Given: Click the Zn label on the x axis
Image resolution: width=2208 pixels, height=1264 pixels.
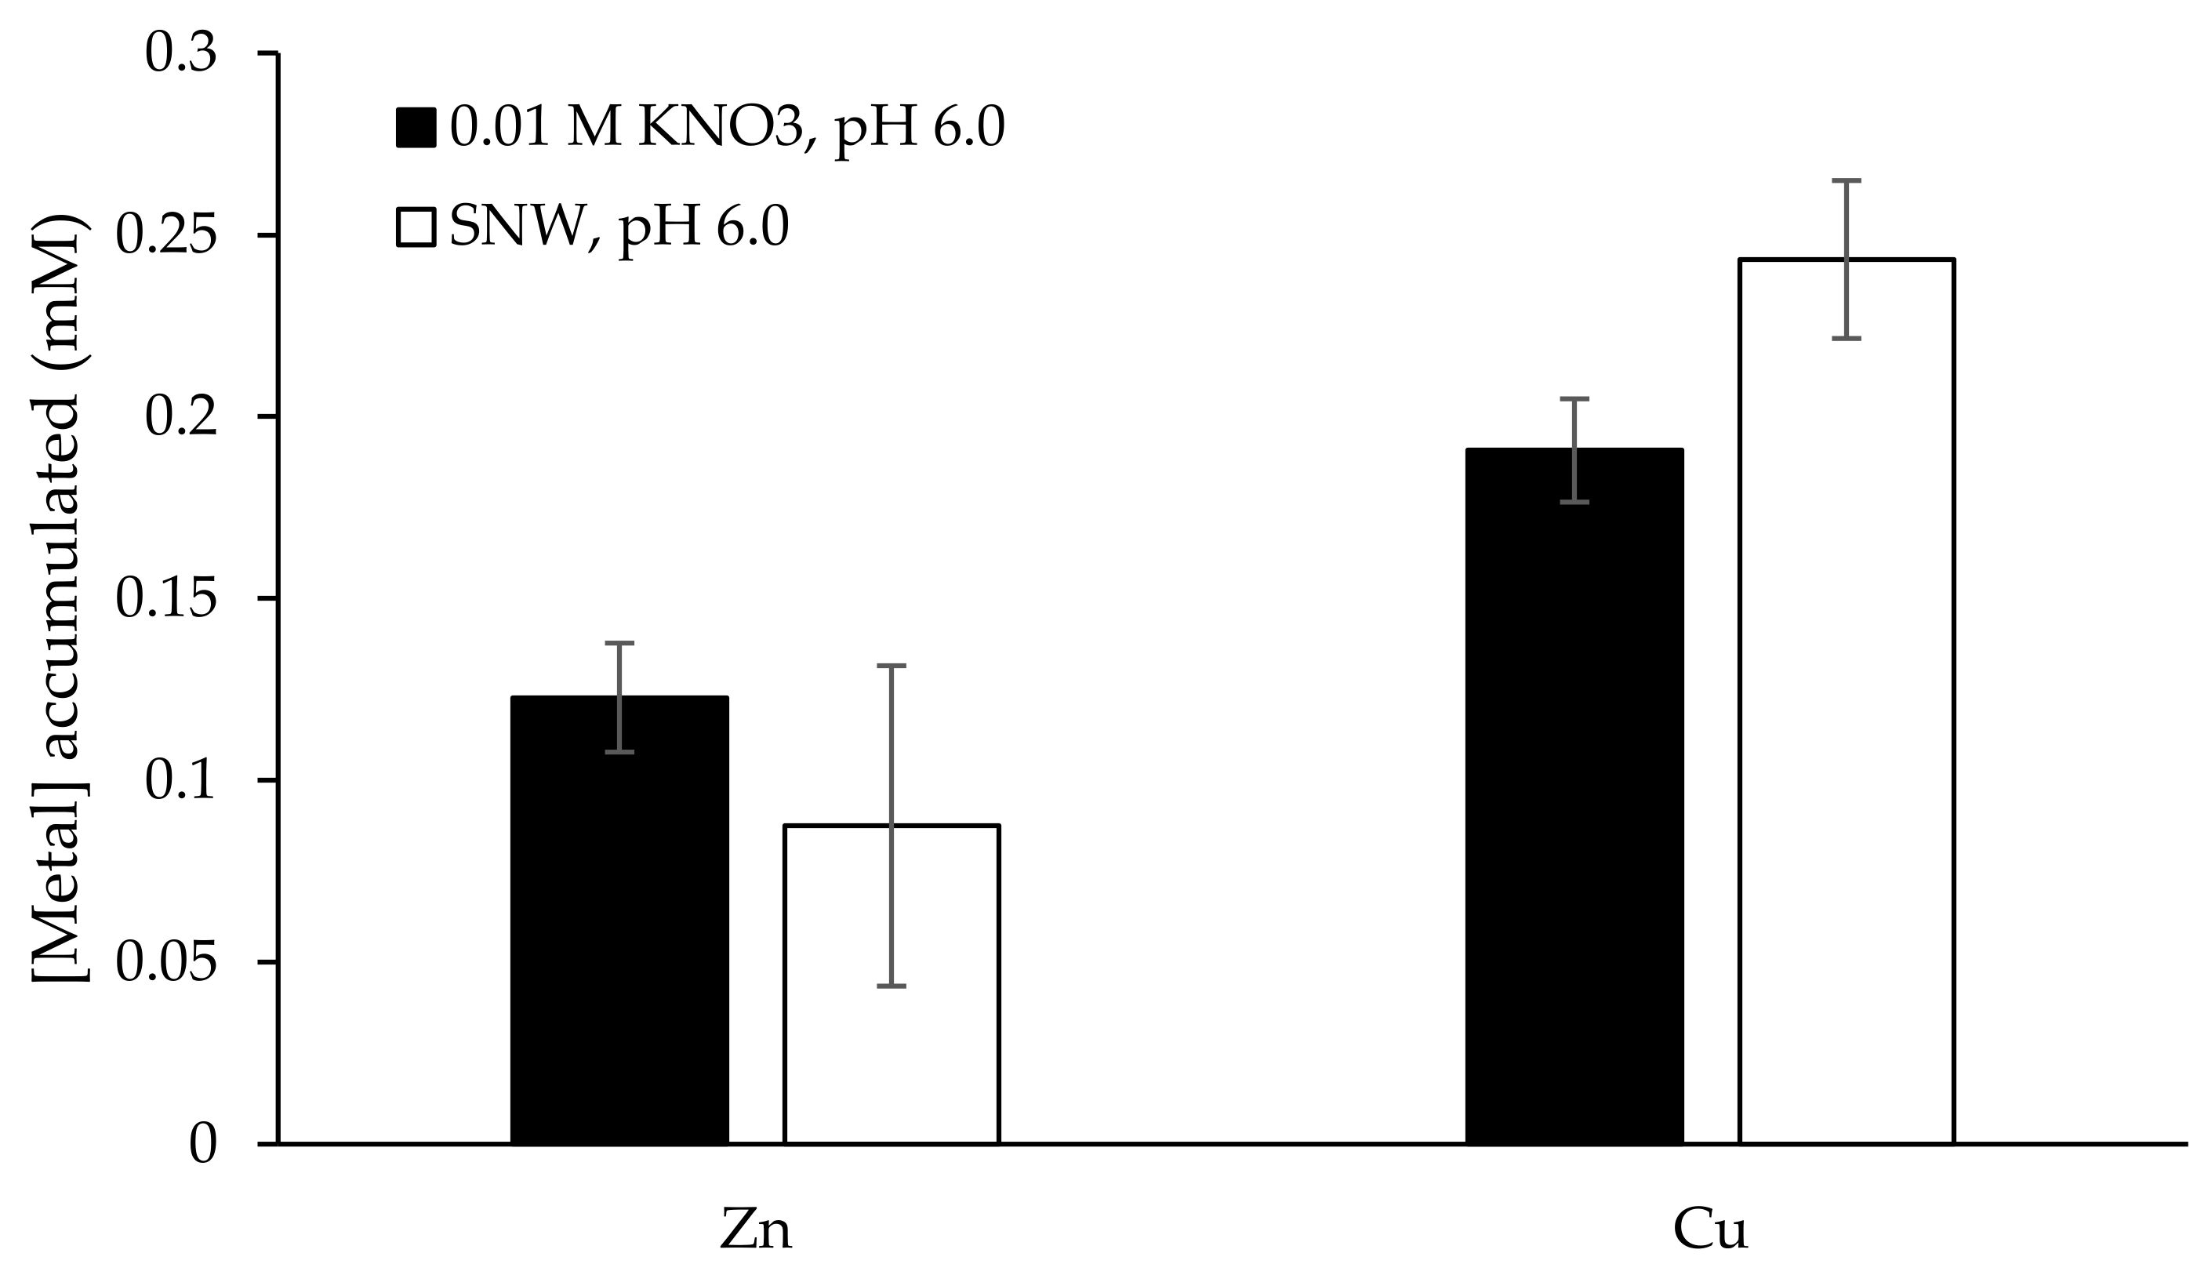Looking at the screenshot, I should click(756, 1230).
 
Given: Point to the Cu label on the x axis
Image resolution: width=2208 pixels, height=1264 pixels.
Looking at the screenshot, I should click(1710, 1230).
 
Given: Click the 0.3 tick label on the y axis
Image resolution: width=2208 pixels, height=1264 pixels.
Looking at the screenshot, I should click(180, 54).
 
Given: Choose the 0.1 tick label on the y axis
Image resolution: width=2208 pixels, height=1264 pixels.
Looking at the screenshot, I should click(180, 780).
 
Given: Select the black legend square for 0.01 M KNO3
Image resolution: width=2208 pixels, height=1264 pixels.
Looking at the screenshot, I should click(416, 128).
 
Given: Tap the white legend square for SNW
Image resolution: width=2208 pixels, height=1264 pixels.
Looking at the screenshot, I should click(416, 227).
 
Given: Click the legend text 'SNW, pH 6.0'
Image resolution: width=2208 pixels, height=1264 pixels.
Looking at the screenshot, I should click(619, 227).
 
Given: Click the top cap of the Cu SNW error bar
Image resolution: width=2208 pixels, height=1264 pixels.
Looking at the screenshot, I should click(1846, 180).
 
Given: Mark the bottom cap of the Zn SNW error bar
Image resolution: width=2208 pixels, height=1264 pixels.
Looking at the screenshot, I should click(892, 986).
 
